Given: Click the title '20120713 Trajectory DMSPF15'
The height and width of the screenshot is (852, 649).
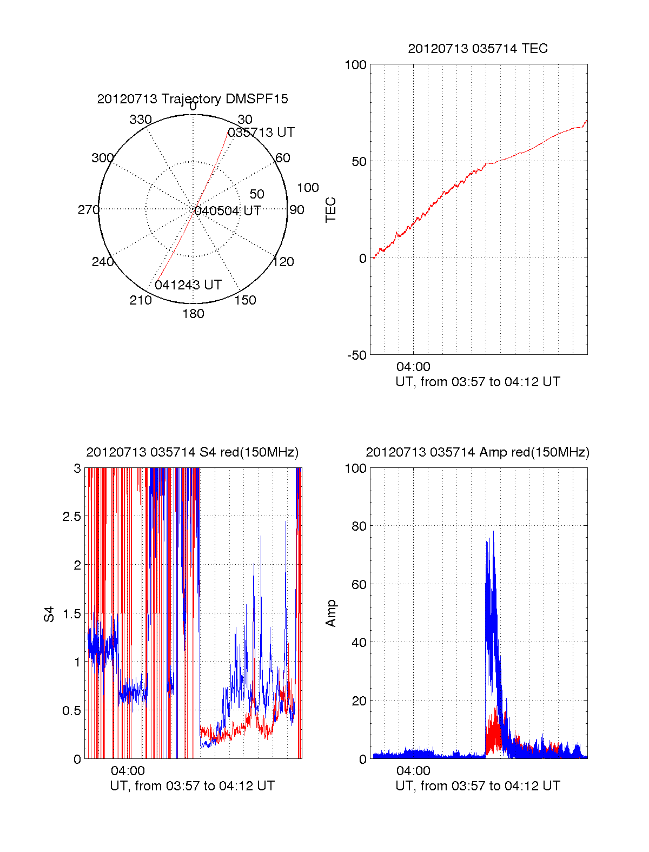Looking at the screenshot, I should pyautogui.click(x=193, y=99).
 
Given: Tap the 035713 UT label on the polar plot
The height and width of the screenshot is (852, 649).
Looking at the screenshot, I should pyautogui.click(x=261, y=133).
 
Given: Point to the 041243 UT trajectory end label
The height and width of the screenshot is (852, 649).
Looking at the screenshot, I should pyautogui.click(x=188, y=285).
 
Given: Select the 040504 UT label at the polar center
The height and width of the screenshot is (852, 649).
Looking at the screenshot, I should pyautogui.click(x=228, y=211).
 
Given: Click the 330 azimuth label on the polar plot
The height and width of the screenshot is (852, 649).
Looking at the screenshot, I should pyautogui.click(x=141, y=120).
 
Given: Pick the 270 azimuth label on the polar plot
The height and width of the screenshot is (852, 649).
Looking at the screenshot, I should pyautogui.click(x=88, y=210).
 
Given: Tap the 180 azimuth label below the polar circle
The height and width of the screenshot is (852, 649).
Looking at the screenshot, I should pyautogui.click(x=193, y=314).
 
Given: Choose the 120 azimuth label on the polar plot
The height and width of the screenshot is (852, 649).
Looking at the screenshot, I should pyautogui.click(x=283, y=262).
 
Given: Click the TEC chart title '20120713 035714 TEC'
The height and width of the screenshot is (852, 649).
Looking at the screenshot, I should pyautogui.click(x=478, y=49).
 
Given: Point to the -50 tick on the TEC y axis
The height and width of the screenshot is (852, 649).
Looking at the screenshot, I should pyautogui.click(x=357, y=355).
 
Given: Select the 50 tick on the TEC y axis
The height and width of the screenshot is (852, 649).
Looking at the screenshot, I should pyautogui.click(x=359, y=162).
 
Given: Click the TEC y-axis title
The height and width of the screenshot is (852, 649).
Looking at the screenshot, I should pyautogui.click(x=331, y=210).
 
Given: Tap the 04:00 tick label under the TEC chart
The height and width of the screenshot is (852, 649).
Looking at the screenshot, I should pyautogui.click(x=413, y=367).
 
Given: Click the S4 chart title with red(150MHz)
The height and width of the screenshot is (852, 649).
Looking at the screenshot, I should pyautogui.click(x=193, y=452).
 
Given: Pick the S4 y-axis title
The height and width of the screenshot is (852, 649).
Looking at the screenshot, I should pyautogui.click(x=49, y=614).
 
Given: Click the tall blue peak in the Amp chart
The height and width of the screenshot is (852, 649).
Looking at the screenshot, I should pyautogui.click(x=493, y=536).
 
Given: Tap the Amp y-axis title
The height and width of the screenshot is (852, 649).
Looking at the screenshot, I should pyautogui.click(x=331, y=613).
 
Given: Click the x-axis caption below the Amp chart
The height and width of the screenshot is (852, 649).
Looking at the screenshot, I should pyautogui.click(x=478, y=786).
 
